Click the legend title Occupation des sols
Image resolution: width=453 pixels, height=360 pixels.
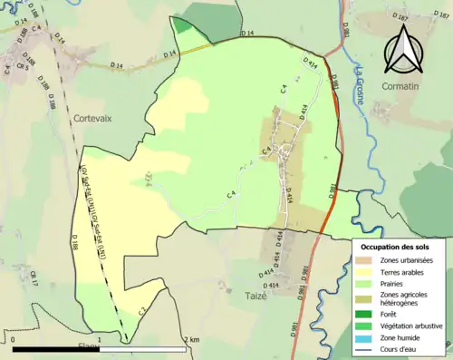(x=397, y=246)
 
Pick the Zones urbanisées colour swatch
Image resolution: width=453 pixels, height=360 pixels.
(x=366, y=261)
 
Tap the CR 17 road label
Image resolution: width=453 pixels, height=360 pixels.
(x=34, y=278)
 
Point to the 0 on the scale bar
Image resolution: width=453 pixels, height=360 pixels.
(x=14, y=339)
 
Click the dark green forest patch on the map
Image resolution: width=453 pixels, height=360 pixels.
(x=184, y=24)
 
